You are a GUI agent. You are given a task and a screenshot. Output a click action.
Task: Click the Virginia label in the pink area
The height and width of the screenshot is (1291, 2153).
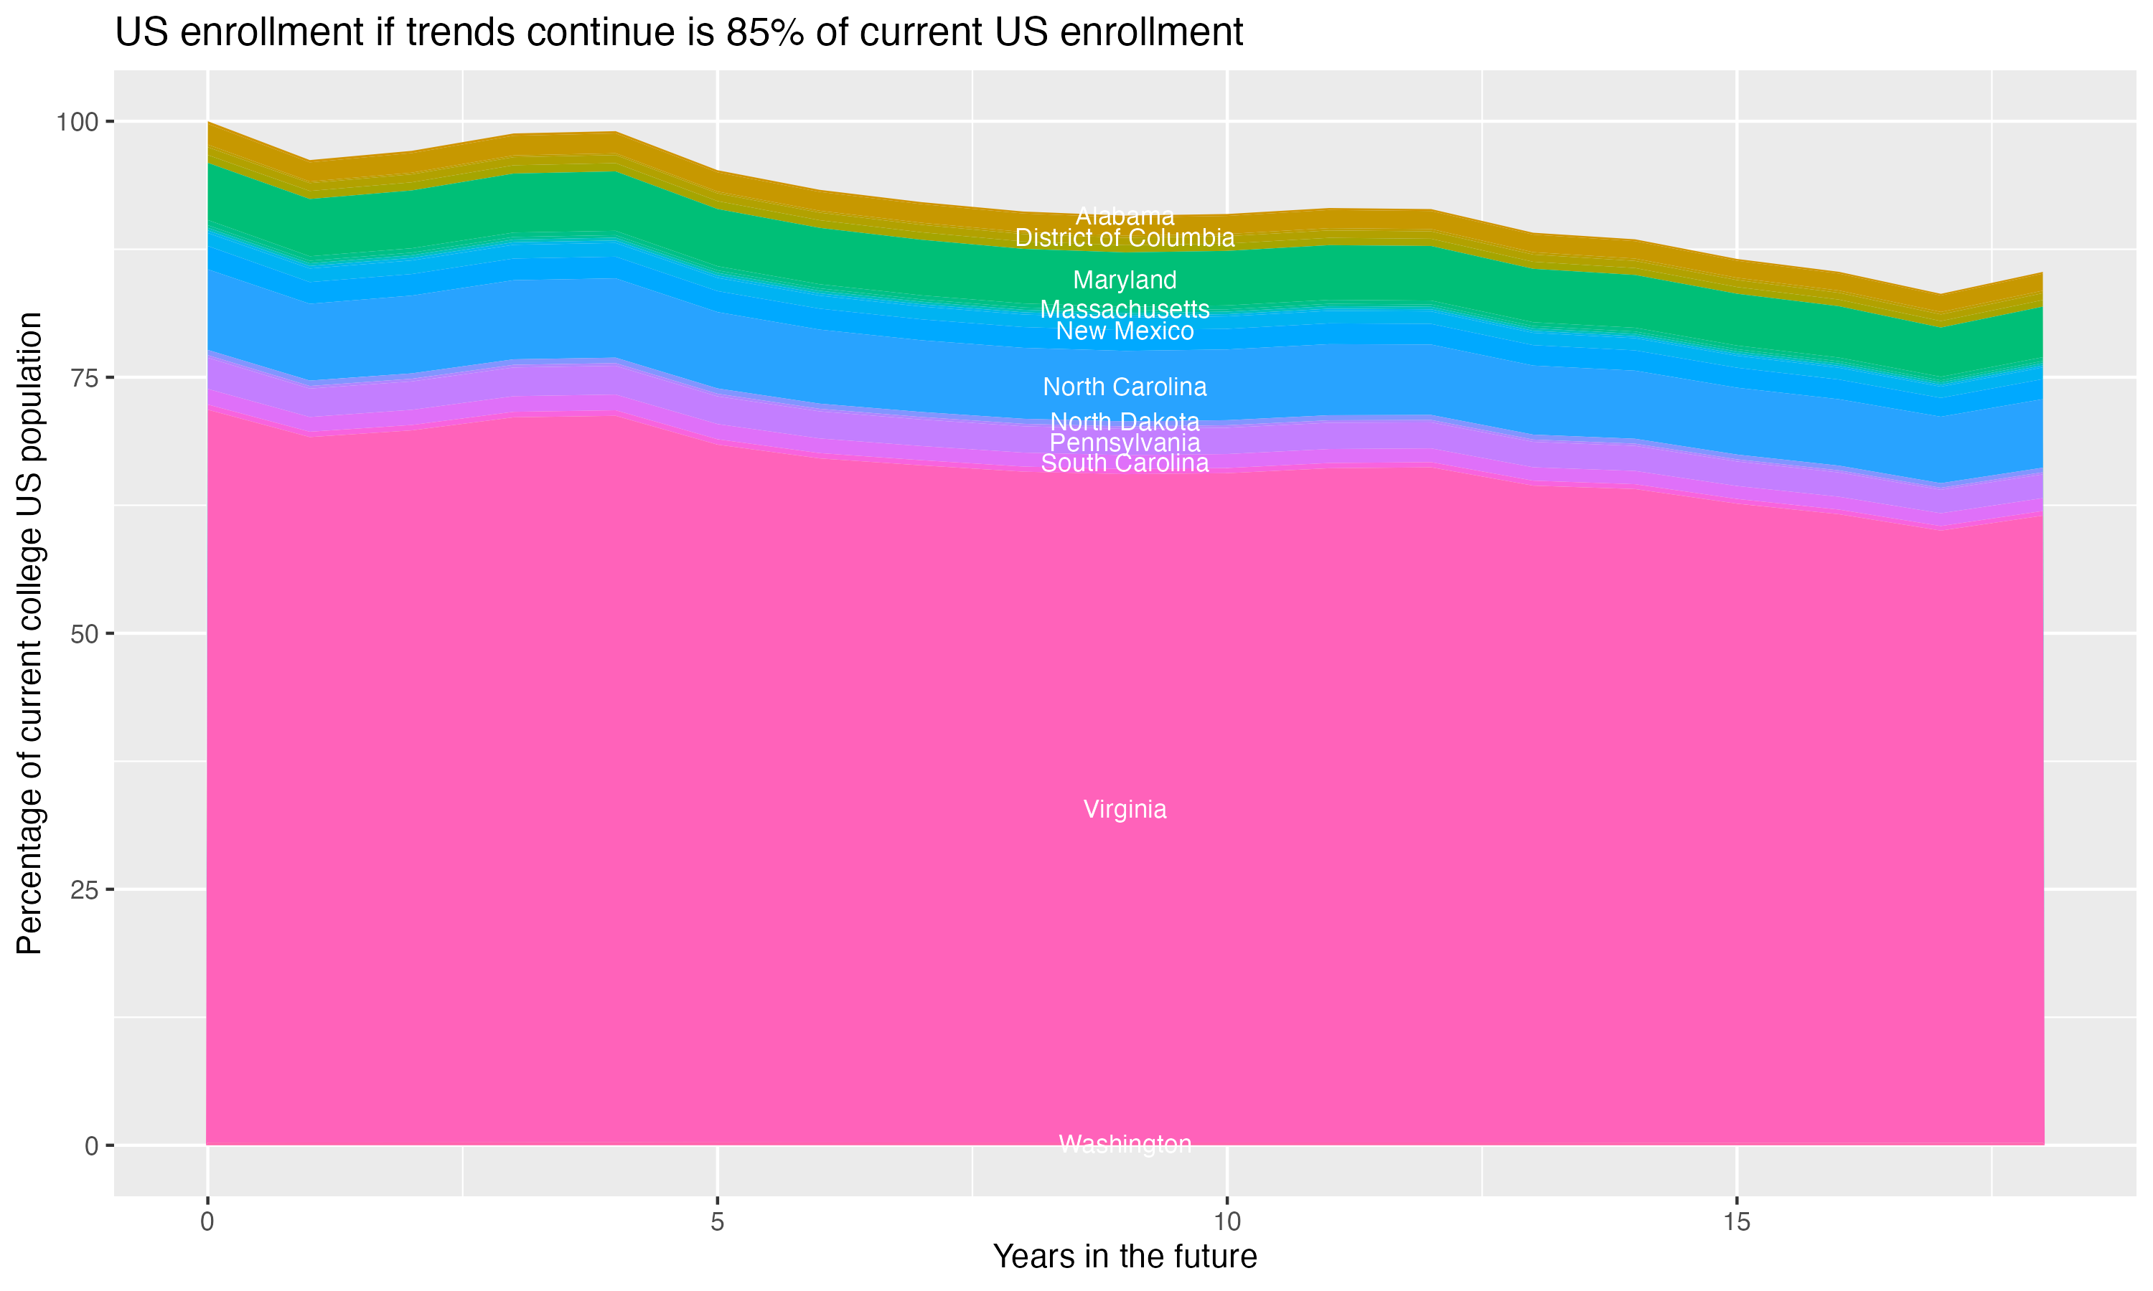pyautogui.click(x=1125, y=810)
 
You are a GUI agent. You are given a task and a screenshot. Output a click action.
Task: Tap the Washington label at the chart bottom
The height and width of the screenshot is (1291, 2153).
pyautogui.click(x=1125, y=1144)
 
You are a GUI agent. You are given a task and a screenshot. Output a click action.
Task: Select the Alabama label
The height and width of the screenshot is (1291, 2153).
pyautogui.click(x=1125, y=216)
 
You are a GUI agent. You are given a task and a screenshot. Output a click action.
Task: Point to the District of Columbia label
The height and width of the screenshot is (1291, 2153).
pyautogui.click(x=1125, y=237)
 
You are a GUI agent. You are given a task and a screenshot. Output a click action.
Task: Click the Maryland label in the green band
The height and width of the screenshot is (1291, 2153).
pyautogui.click(x=1125, y=280)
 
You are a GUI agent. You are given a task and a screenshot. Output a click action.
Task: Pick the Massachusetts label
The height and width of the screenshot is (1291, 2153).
pyautogui.click(x=1125, y=310)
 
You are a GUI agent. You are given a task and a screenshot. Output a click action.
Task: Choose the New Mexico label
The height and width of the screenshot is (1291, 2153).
pyautogui.click(x=1125, y=331)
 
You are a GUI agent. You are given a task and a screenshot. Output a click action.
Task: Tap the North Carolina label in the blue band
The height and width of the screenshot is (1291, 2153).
pyautogui.click(x=1125, y=387)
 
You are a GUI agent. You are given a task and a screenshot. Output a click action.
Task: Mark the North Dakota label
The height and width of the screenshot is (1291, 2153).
pyautogui.click(x=1125, y=422)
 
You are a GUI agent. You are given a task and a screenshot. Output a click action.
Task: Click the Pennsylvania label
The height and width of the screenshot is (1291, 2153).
pyautogui.click(x=1125, y=443)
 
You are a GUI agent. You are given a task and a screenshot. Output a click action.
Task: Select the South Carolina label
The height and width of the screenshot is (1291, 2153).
pyautogui.click(x=1125, y=463)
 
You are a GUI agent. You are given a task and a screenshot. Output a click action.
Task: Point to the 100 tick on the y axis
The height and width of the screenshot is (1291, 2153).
pyautogui.click(x=77, y=122)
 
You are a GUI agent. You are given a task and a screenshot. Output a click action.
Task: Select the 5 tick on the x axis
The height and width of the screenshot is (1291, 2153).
pyautogui.click(x=717, y=1222)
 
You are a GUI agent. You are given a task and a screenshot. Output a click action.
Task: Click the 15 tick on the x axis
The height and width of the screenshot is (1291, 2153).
pyautogui.click(x=1736, y=1222)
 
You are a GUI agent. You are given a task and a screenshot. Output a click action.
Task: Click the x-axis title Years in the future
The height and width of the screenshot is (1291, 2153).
pyautogui.click(x=1125, y=1257)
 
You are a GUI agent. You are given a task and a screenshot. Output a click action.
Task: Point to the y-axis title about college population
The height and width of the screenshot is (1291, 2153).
pyautogui.click(x=29, y=633)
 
